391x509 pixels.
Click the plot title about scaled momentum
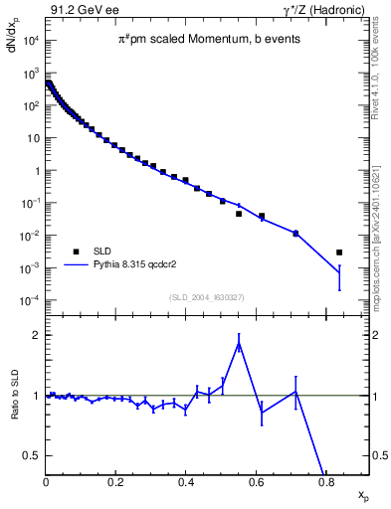click(x=207, y=40)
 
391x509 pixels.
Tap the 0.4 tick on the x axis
click(x=186, y=482)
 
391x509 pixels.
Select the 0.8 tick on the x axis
click(x=326, y=482)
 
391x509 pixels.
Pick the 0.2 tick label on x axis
click(x=116, y=482)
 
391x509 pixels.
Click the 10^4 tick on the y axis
click(x=30, y=41)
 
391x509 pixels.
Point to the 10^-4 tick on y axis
click(x=30, y=301)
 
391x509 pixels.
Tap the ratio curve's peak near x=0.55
click(x=239, y=344)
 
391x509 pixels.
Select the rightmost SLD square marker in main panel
click(x=339, y=253)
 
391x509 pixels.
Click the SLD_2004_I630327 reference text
click(x=207, y=297)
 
